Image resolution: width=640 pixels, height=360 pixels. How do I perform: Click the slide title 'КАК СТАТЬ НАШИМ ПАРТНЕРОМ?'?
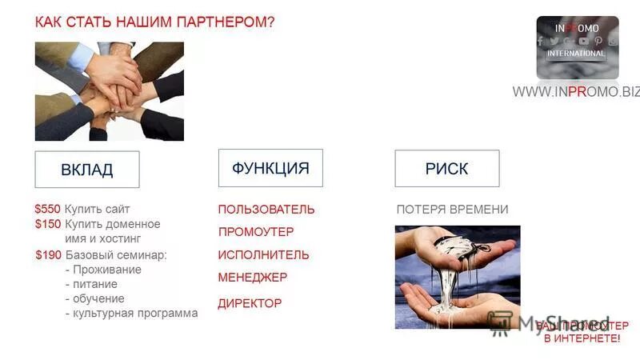tap(154, 22)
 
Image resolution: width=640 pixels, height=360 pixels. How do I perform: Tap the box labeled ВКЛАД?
tap(86, 170)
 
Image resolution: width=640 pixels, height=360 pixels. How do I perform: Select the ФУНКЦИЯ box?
tap(270, 168)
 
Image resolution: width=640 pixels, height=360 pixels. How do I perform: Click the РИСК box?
tap(446, 169)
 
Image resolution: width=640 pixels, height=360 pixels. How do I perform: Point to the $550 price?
tap(47, 209)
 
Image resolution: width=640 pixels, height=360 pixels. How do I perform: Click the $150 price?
tap(47, 224)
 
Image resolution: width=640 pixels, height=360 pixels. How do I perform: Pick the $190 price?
tap(48, 255)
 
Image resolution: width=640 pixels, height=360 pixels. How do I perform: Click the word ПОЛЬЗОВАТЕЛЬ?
tap(266, 210)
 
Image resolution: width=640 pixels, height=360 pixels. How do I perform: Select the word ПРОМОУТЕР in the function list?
tap(256, 232)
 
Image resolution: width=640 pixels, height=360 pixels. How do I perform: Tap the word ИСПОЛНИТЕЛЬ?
tap(263, 255)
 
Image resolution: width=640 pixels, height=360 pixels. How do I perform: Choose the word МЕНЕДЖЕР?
tap(253, 278)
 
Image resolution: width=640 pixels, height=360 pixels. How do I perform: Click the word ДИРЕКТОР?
tap(250, 303)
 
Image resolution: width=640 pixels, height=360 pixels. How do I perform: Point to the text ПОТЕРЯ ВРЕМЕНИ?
tap(452, 210)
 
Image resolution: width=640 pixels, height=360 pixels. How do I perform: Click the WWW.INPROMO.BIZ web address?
tap(576, 92)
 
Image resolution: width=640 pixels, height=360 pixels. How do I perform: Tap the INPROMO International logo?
tap(577, 46)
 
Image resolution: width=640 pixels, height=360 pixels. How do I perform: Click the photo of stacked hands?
tap(109, 91)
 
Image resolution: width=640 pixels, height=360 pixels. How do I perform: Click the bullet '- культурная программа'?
tap(131, 314)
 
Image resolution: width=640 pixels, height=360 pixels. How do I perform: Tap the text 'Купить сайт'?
tap(97, 209)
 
